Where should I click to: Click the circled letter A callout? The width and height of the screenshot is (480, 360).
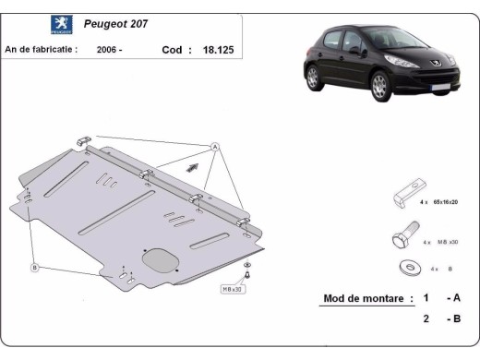215,147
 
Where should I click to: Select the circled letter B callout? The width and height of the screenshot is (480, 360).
35,267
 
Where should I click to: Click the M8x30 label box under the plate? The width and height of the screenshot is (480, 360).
233,288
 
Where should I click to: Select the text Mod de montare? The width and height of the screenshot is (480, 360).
363,298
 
